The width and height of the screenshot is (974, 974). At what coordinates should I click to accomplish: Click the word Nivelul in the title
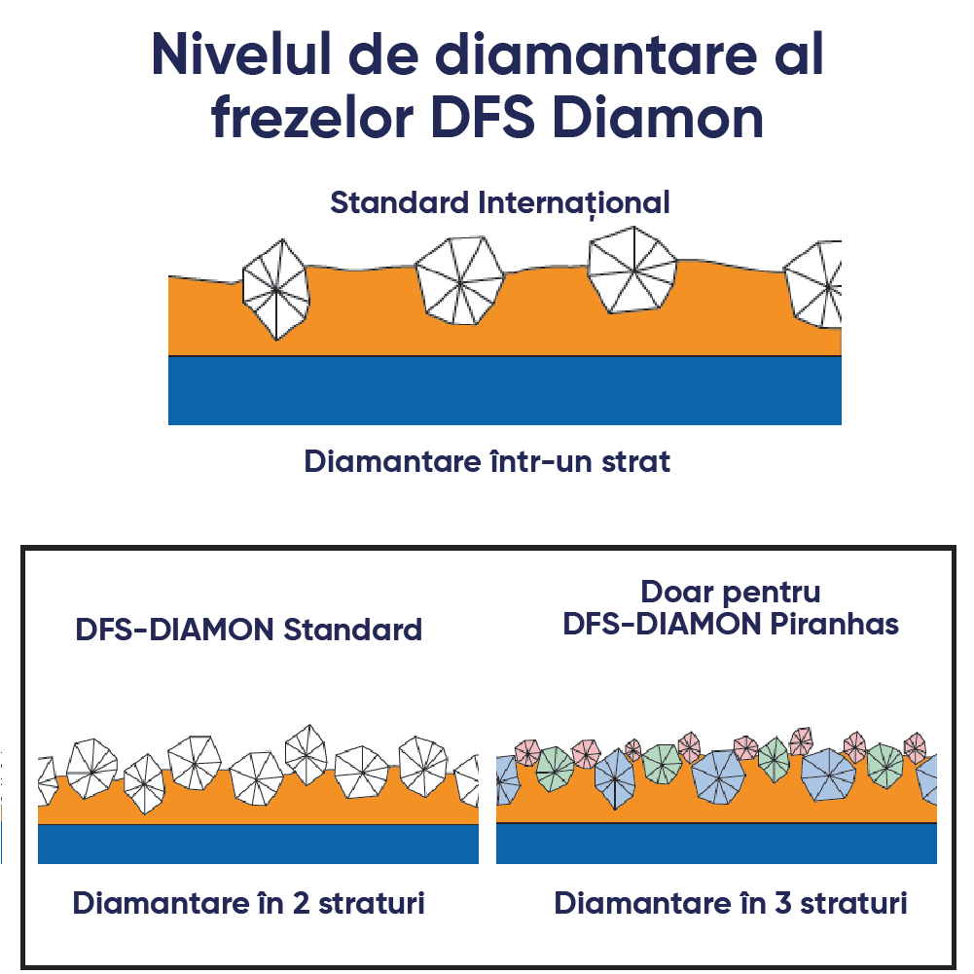click(x=241, y=54)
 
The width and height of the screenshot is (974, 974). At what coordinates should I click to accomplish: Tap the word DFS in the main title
click(x=483, y=118)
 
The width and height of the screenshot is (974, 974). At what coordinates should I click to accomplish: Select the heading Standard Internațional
click(x=500, y=203)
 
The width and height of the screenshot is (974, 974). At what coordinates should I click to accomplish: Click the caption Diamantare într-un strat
click(x=487, y=461)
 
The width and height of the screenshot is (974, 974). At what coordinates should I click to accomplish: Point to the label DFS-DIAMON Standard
click(x=248, y=630)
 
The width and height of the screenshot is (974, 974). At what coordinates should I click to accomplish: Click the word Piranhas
click(x=834, y=625)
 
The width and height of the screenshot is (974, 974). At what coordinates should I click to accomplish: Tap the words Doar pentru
click(x=731, y=593)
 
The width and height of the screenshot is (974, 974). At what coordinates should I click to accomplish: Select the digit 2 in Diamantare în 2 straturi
click(x=301, y=903)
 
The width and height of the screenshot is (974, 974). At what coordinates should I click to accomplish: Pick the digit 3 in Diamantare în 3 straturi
click(x=782, y=903)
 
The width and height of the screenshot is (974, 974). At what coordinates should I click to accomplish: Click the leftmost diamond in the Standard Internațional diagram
click(x=275, y=289)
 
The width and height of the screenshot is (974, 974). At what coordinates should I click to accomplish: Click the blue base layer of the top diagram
click(x=504, y=391)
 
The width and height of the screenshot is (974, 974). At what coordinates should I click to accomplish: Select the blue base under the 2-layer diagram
click(x=258, y=845)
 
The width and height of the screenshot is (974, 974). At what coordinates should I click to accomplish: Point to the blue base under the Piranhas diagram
click(x=716, y=844)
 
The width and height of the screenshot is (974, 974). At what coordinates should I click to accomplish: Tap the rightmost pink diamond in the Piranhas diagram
click(x=915, y=747)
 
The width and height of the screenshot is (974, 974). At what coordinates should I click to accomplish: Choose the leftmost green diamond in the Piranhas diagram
click(x=555, y=769)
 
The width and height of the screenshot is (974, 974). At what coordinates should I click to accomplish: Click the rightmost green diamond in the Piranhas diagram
click(x=885, y=766)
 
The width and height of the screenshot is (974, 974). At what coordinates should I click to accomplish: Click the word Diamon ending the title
click(x=658, y=118)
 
